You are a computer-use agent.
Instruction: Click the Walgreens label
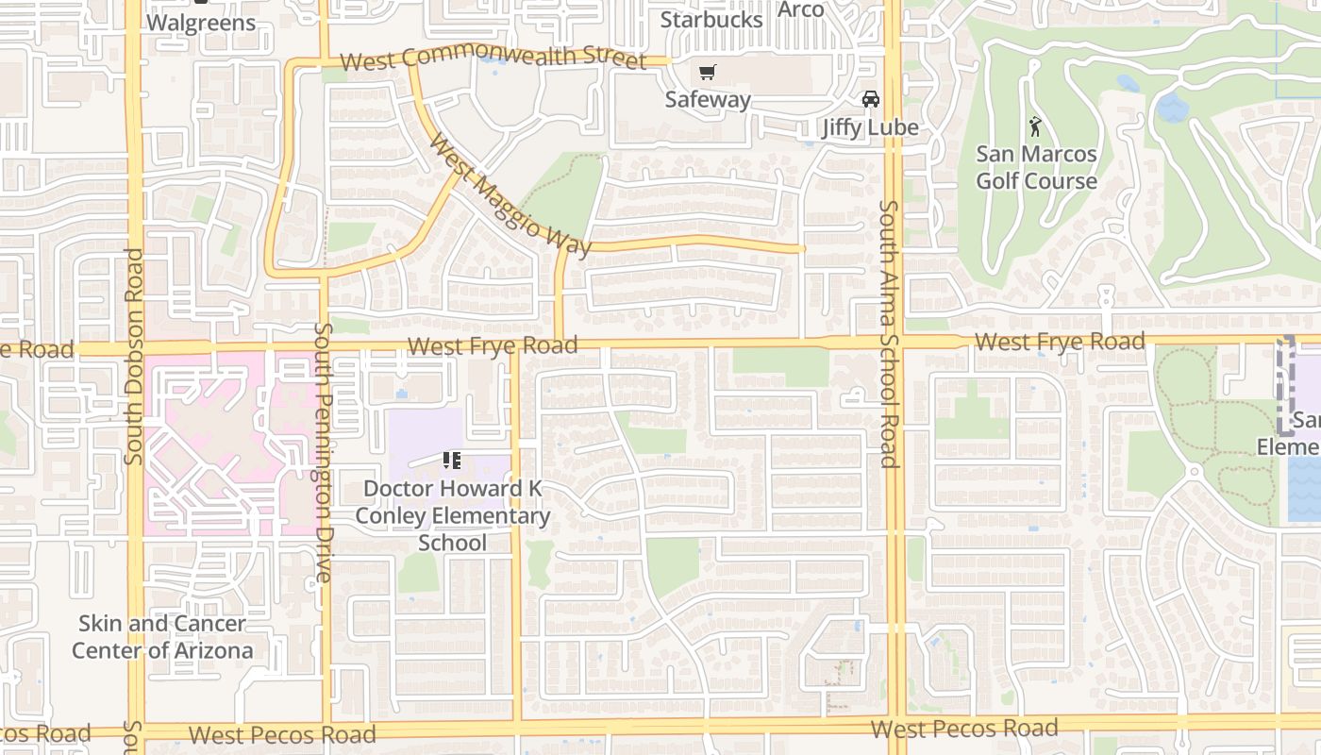[202, 23]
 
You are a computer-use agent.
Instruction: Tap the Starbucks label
[711, 19]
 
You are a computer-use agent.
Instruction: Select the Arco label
[801, 9]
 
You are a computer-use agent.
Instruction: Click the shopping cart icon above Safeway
[708, 73]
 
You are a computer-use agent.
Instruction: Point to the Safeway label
[708, 99]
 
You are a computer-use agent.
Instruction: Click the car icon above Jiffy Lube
[870, 99]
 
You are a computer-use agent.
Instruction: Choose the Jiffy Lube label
[869, 127]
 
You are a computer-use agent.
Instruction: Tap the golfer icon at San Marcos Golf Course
[1036, 126]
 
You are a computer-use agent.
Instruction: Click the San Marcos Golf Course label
[1036, 167]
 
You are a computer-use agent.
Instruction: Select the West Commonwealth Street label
[493, 59]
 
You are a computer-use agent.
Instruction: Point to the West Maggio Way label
[510, 196]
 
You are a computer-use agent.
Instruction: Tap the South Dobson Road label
[133, 356]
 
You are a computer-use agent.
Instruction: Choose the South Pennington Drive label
[324, 451]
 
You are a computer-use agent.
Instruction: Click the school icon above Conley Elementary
[452, 461]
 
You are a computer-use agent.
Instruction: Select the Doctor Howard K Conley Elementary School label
[453, 515]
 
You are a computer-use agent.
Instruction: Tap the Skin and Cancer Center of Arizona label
[162, 637]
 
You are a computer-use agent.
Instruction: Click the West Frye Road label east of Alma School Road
[1060, 341]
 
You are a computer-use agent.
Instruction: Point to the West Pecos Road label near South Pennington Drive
[282, 734]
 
